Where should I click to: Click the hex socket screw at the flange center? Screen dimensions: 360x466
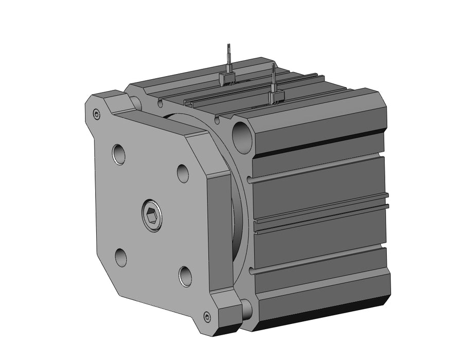(x=151, y=213)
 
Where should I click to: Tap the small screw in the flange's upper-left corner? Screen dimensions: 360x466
(x=96, y=114)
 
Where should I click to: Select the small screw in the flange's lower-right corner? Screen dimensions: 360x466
(x=207, y=317)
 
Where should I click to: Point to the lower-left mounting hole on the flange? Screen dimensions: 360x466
(x=121, y=257)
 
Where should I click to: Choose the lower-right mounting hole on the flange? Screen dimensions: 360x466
(x=185, y=276)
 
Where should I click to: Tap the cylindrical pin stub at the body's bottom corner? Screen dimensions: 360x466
(x=246, y=309)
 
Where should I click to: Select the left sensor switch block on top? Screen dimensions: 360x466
(x=227, y=79)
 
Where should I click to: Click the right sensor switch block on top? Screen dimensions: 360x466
(x=276, y=97)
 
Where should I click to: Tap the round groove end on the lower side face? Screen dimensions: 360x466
(x=251, y=270)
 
